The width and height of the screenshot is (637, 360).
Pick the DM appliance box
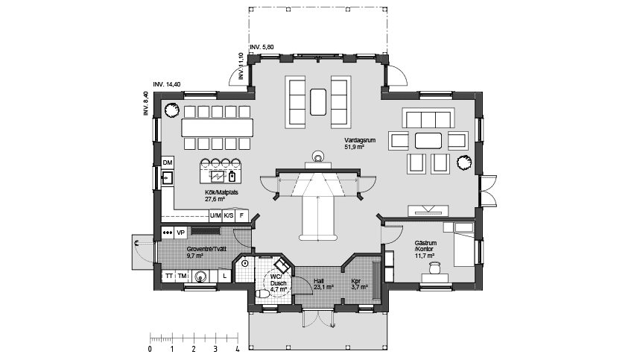coord(168,162)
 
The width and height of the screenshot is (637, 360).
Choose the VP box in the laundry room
coord(180,233)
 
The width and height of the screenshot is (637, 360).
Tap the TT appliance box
coord(169,276)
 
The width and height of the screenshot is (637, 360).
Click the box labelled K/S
coord(229,215)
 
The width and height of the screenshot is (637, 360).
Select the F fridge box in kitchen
coord(241,215)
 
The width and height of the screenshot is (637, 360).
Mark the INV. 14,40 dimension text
coord(166,84)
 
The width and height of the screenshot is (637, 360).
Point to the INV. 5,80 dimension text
coord(262,47)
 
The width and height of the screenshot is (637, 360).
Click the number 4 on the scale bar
coord(237,348)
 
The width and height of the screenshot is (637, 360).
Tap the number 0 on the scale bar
coord(150,348)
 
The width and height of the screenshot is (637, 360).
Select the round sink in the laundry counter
coord(199,276)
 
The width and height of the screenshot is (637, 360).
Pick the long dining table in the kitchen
coord(217,127)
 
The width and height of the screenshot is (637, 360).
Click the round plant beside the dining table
coord(171,110)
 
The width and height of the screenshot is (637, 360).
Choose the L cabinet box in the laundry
coord(225,276)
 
